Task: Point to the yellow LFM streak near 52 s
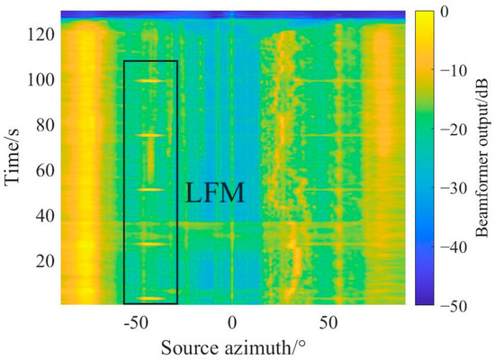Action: point(150,190)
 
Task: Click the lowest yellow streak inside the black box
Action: point(150,298)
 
